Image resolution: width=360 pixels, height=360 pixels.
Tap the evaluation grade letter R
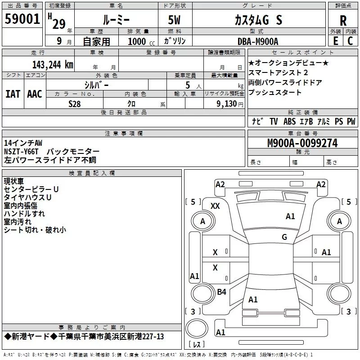(x=343, y=20)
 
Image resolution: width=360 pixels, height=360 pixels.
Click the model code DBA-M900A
(x=258, y=41)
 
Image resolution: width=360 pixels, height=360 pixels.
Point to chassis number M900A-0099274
(x=302, y=143)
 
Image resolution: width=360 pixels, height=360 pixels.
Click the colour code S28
(x=75, y=103)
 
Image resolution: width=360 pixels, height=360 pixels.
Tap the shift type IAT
(x=13, y=94)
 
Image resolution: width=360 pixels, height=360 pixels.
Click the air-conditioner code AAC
(x=34, y=94)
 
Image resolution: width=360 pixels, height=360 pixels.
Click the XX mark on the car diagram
(x=215, y=206)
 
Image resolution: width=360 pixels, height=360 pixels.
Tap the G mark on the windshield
(x=284, y=237)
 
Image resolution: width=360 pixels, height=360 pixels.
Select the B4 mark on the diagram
(x=221, y=292)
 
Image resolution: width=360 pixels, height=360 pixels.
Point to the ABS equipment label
(x=289, y=121)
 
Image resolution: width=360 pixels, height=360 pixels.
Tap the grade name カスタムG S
(x=258, y=20)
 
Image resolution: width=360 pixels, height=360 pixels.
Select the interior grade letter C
(x=350, y=41)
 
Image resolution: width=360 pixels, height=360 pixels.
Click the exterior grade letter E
(x=335, y=41)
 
